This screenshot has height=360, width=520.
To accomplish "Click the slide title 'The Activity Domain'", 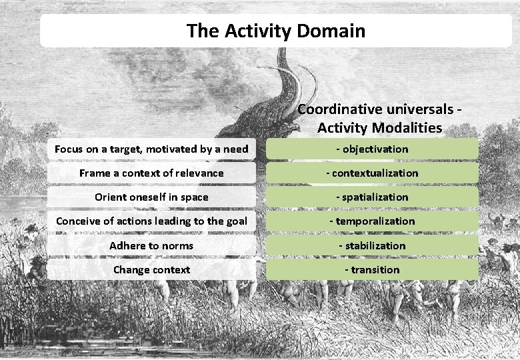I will click(276, 31).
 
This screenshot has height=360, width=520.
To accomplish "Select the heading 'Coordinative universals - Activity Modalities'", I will click(380, 118).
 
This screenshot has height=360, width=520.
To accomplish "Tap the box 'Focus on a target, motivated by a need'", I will click(151, 149).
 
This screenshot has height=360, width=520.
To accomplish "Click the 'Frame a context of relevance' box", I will click(151, 173).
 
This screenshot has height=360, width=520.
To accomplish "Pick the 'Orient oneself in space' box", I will click(151, 197).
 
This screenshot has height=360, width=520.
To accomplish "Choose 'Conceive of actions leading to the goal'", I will click(151, 221).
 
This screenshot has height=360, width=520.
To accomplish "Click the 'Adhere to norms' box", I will click(151, 245).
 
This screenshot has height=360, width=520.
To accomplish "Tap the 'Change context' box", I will click(151, 269).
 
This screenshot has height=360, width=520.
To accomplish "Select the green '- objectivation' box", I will click(372, 149).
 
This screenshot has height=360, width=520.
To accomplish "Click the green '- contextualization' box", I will click(372, 173).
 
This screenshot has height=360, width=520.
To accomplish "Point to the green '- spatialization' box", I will click(372, 197).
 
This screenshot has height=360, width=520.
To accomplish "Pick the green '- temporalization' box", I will click(372, 221).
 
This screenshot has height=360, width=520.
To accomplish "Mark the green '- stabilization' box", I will click(372, 245).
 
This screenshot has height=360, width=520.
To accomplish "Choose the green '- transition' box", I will click(372, 269).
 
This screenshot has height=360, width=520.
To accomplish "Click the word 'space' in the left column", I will click(193, 197).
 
